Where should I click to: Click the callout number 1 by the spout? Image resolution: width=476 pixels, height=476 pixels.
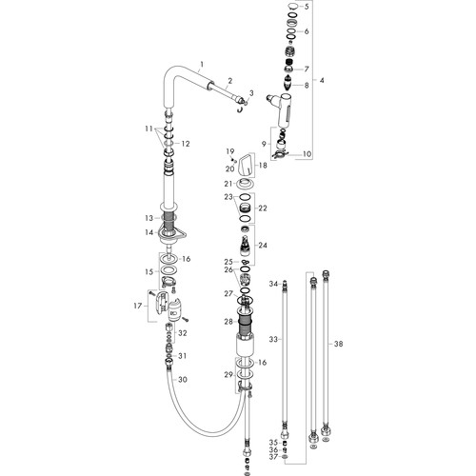(x=202, y=65)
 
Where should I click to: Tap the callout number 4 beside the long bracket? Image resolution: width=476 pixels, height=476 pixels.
(x=322, y=81)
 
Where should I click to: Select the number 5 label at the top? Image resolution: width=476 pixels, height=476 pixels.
(x=307, y=7)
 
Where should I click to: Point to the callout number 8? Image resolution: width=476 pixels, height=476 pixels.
(x=307, y=85)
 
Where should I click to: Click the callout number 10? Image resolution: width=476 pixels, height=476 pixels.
(x=307, y=154)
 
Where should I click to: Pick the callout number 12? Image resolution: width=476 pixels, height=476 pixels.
(x=186, y=144)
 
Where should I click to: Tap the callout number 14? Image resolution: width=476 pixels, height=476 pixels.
(x=149, y=232)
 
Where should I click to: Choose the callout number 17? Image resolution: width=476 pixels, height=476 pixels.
(x=138, y=306)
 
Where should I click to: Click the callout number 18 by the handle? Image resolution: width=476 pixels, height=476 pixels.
(x=263, y=166)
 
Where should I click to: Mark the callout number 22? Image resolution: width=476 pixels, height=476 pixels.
(x=263, y=208)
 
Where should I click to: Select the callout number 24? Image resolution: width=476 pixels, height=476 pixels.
(x=263, y=246)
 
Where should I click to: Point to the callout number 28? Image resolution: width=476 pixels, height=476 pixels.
(x=228, y=322)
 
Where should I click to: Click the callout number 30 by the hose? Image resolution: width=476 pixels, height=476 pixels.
(x=183, y=380)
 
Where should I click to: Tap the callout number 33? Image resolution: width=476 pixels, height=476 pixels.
(x=273, y=340)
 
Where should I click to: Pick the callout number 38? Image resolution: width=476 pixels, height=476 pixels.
(x=339, y=344)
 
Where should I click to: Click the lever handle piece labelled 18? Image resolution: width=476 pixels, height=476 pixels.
(x=246, y=165)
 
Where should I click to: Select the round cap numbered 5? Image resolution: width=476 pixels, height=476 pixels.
(x=293, y=6)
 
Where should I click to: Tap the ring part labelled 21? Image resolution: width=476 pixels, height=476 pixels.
(x=246, y=183)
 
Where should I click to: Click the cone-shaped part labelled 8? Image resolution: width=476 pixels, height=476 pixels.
(x=288, y=83)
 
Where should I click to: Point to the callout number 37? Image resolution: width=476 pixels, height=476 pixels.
(x=273, y=457)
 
